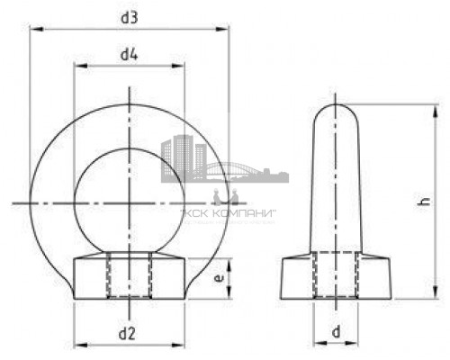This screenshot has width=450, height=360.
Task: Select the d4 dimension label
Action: pyautogui.click(x=129, y=55)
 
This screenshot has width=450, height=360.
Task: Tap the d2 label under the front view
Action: pyautogui.click(x=128, y=334)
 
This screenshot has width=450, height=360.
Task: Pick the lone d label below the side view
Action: pyautogui.click(x=336, y=333)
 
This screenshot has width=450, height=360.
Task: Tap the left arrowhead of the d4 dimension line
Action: pyautogui.click(x=77, y=67)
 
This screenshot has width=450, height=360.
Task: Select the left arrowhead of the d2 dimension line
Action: pyautogui.click(x=77, y=346)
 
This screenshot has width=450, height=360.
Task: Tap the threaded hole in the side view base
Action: pyautogui.click(x=337, y=275)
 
